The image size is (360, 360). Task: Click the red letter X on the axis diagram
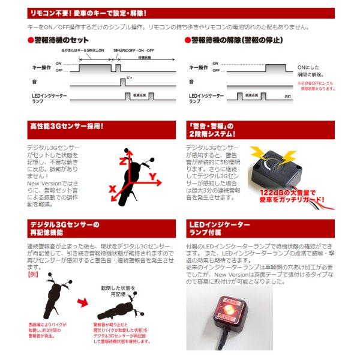(112, 188)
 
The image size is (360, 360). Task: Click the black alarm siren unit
(272, 175)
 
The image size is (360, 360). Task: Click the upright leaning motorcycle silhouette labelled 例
(49, 298)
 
